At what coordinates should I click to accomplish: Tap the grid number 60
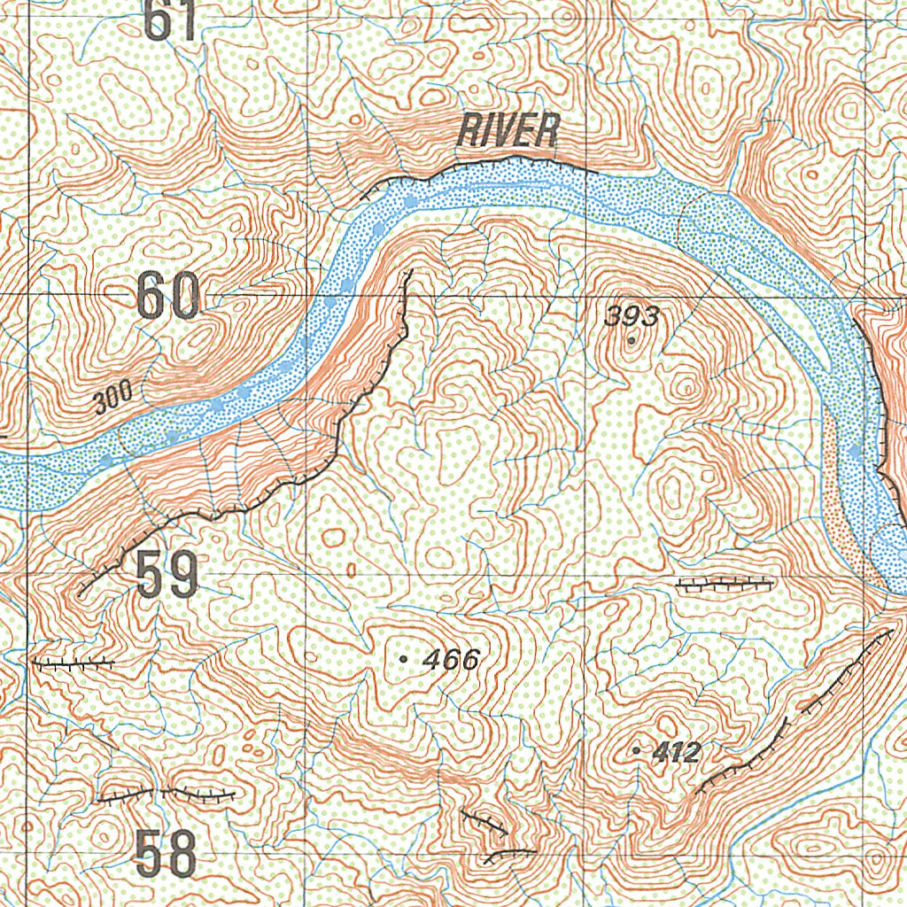pos(168,298)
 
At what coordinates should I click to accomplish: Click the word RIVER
pos(508,132)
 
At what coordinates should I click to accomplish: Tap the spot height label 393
pos(632,316)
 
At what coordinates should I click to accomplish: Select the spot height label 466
pos(451,659)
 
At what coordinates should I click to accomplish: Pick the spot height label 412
pos(678,753)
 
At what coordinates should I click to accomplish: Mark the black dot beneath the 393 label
pos(631,339)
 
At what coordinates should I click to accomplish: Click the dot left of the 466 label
pos(404,659)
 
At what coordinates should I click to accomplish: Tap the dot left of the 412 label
pos(638,751)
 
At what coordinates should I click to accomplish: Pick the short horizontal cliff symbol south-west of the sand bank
pos(725,583)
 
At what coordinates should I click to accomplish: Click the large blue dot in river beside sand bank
pos(854,452)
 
